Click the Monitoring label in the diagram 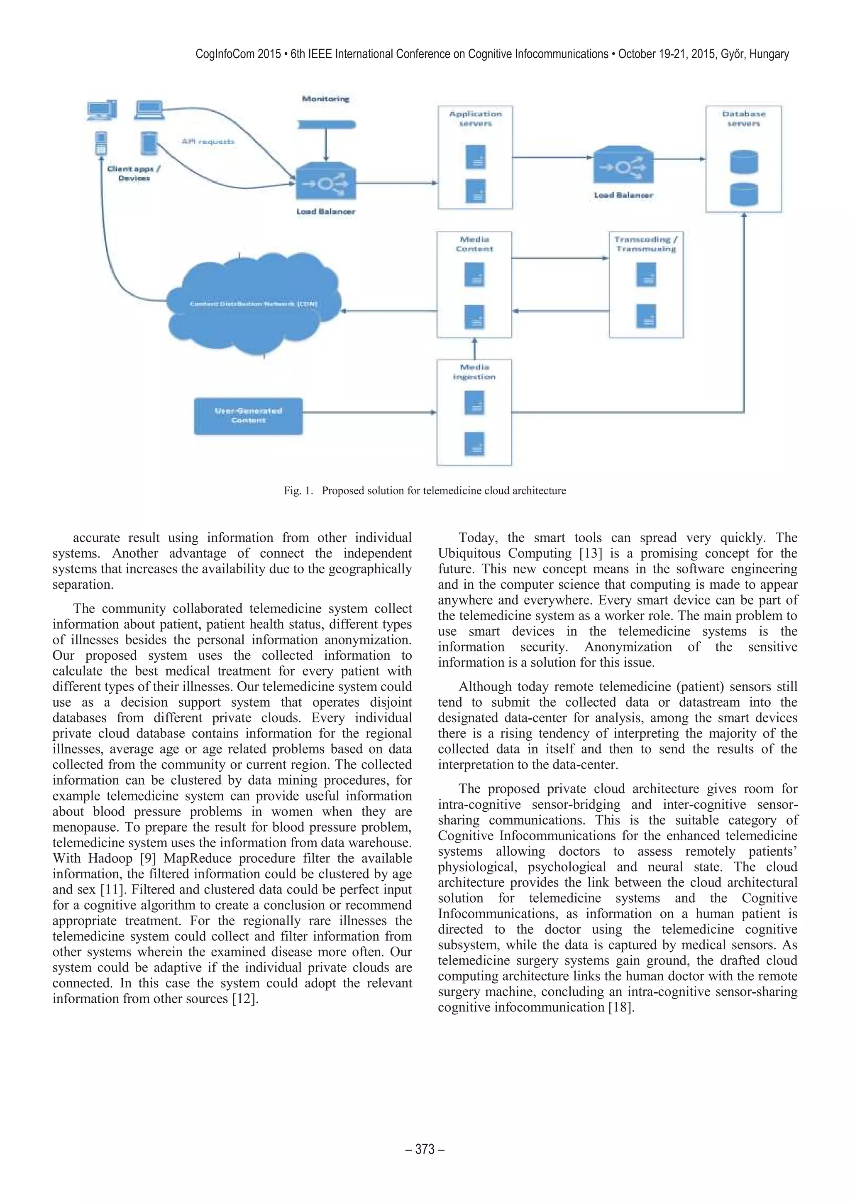click(x=325, y=99)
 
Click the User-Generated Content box click(x=248, y=416)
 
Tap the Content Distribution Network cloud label click(x=253, y=304)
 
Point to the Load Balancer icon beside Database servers click(x=623, y=166)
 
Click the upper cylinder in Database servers click(x=743, y=162)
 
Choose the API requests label click(x=208, y=141)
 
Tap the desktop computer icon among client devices click(x=102, y=110)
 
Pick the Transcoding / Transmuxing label click(x=646, y=244)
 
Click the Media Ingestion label click(x=474, y=372)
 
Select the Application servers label click(x=475, y=119)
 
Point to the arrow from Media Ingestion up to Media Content click(x=475, y=348)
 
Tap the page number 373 click(x=425, y=1148)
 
